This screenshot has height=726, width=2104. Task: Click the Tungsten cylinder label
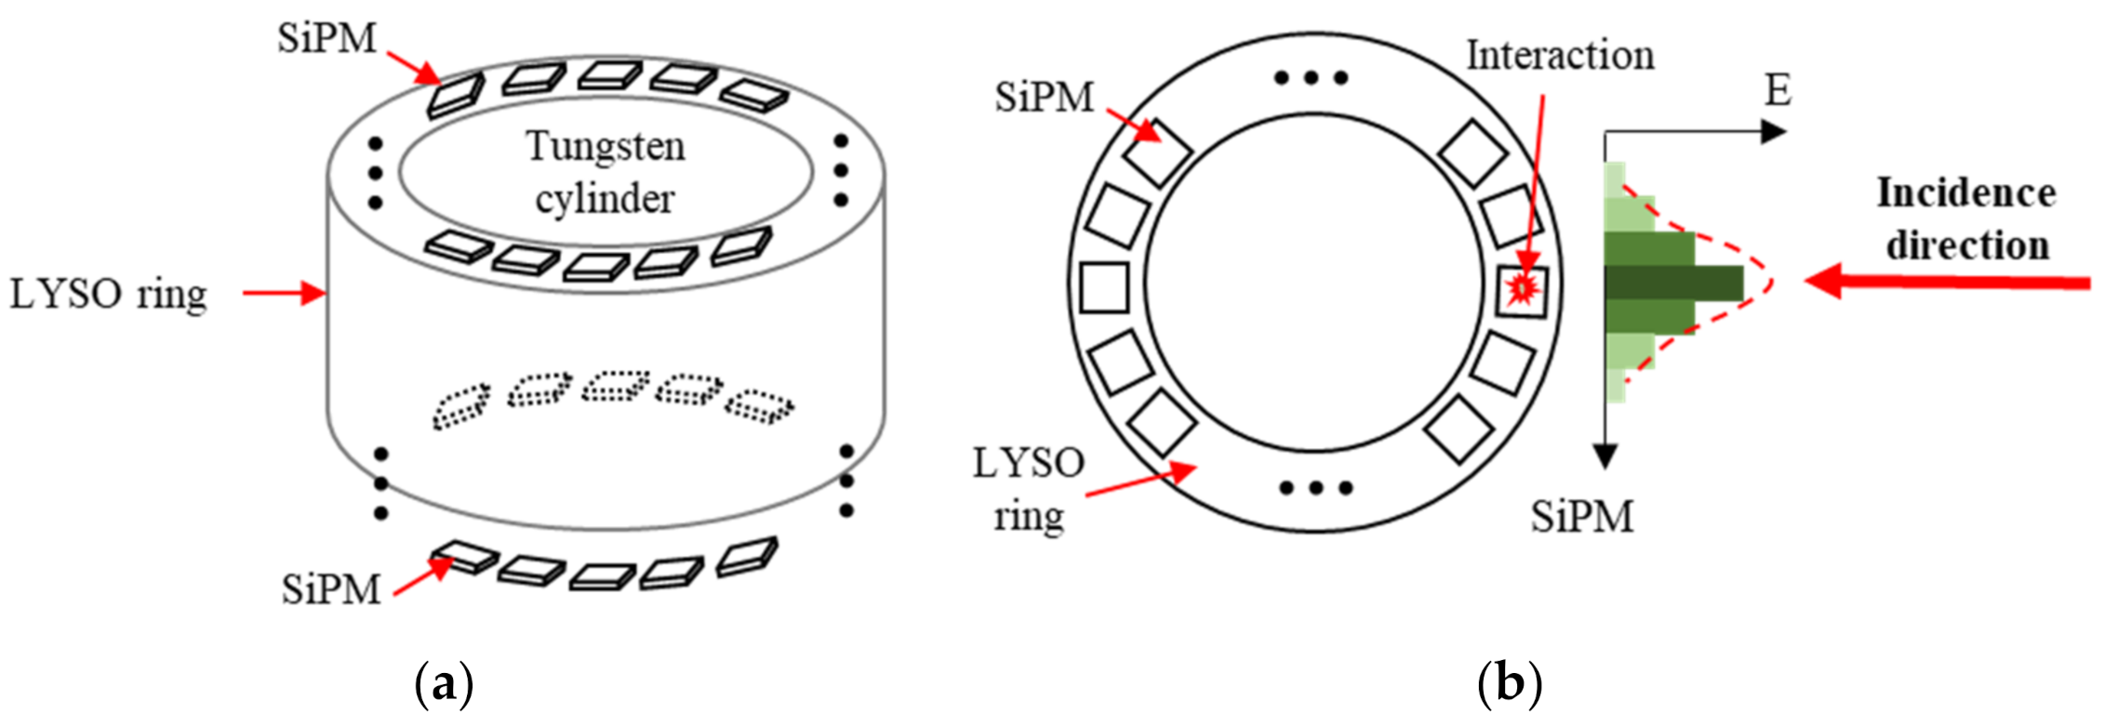pos(606,172)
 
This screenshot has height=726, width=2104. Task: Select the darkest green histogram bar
pos(1674,283)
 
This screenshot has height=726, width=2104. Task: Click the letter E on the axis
pos(1778,91)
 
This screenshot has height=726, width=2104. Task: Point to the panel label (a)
pos(443,684)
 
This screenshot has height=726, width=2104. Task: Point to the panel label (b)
pos(1509,684)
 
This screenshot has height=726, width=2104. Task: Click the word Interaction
pos(1560,56)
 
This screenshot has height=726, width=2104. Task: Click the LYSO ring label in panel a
pos(108,294)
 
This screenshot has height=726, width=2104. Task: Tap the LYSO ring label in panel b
pos(1029,489)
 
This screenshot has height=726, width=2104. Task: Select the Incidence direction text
pos(1966,219)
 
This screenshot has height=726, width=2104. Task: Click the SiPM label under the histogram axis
pos(1582,517)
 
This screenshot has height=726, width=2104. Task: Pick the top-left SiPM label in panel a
pos(326,39)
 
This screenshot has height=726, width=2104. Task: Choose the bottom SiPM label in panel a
pos(331,589)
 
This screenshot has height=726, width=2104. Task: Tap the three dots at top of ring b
pos(1312,78)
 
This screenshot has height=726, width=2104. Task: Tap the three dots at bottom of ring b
pos(1315,487)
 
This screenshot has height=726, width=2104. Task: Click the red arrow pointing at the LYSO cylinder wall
pos(284,294)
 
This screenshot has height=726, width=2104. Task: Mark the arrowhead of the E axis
pos(1774,132)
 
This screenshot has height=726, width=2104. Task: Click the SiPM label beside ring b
pos(1044,98)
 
